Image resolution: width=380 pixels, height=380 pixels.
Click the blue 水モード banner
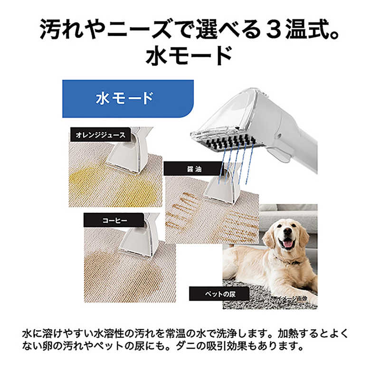128,99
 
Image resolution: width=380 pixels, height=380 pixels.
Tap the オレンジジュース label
100,135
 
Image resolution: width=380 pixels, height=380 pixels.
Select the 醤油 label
194,169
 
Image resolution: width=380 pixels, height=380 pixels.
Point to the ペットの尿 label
219,294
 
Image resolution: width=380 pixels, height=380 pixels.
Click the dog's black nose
287,231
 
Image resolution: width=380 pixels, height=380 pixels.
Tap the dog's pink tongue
288,244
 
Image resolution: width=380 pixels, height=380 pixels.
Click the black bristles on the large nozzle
230,143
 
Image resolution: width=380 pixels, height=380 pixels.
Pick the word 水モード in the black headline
189,56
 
